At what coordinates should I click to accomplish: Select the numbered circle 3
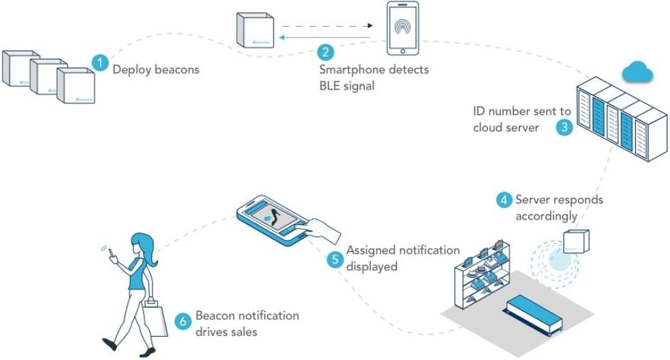564,127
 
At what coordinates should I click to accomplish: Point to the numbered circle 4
504,200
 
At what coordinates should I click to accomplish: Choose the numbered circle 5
335,260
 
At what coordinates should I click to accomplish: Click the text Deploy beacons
155,69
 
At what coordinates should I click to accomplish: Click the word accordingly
546,216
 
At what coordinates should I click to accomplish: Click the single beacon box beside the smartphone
255,30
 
